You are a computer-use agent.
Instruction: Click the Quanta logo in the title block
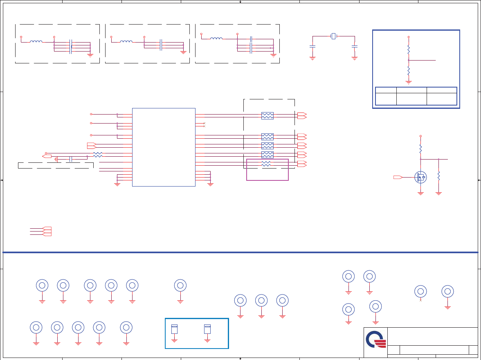click(375, 339)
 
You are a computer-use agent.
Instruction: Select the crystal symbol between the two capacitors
click(333, 36)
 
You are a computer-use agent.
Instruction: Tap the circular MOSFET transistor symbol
click(420, 177)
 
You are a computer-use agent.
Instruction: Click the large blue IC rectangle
click(164, 147)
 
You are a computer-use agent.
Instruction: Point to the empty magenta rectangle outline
click(267, 170)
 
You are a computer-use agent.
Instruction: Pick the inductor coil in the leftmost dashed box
click(36, 41)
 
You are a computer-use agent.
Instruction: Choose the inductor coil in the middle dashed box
click(126, 41)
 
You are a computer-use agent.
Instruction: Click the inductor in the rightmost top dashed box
click(216, 38)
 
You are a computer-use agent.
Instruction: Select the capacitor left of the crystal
click(312, 47)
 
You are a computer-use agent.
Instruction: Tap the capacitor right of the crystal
click(355, 47)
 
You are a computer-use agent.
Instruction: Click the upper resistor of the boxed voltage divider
click(408, 49)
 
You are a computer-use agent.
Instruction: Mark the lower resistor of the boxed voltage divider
click(408, 71)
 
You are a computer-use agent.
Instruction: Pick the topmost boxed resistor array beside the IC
click(267, 116)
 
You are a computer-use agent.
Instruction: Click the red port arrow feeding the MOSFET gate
click(398, 177)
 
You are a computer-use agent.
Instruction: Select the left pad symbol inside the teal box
click(174, 329)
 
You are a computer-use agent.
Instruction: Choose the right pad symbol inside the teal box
click(207, 329)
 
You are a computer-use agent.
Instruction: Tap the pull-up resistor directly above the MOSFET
click(420, 148)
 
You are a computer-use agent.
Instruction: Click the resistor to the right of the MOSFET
click(438, 176)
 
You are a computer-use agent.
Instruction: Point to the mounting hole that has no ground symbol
click(420, 291)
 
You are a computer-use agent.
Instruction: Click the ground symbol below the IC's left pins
click(117, 184)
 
